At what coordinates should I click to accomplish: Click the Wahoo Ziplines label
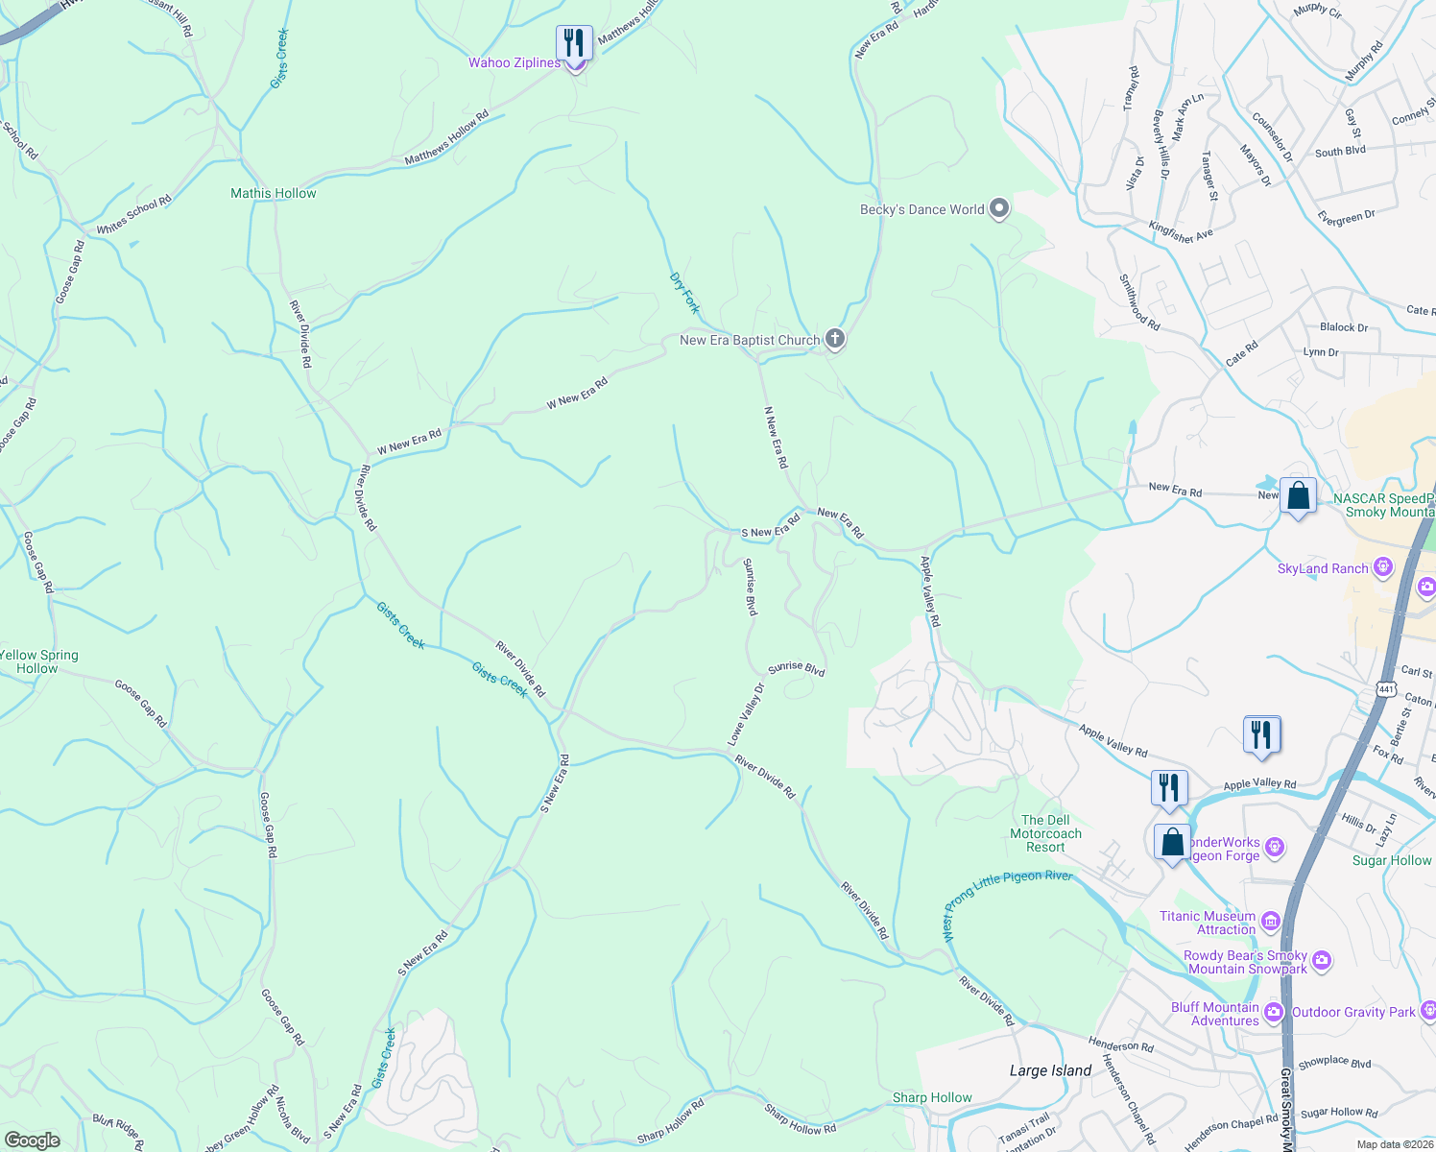[514, 63]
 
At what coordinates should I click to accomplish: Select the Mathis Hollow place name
[273, 194]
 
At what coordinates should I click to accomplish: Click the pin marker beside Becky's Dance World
[999, 208]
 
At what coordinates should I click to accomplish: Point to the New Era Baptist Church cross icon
[835, 339]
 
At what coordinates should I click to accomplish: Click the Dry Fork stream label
[684, 293]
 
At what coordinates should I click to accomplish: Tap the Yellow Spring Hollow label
[39, 661]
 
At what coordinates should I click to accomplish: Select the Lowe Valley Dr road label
[746, 714]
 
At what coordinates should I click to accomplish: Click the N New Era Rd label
[776, 437]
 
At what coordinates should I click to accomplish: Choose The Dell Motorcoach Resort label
[1045, 833]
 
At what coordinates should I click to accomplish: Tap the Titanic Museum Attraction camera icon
[1271, 922]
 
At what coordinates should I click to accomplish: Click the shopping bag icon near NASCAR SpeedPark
[1298, 496]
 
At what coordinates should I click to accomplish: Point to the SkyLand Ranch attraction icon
[1383, 568]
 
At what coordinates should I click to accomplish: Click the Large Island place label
[1050, 1070]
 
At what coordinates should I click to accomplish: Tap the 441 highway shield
[1384, 689]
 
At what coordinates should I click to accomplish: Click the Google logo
[33, 1140]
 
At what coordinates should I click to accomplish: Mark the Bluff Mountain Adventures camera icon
[1274, 1012]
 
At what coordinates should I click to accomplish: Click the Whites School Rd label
[133, 215]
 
